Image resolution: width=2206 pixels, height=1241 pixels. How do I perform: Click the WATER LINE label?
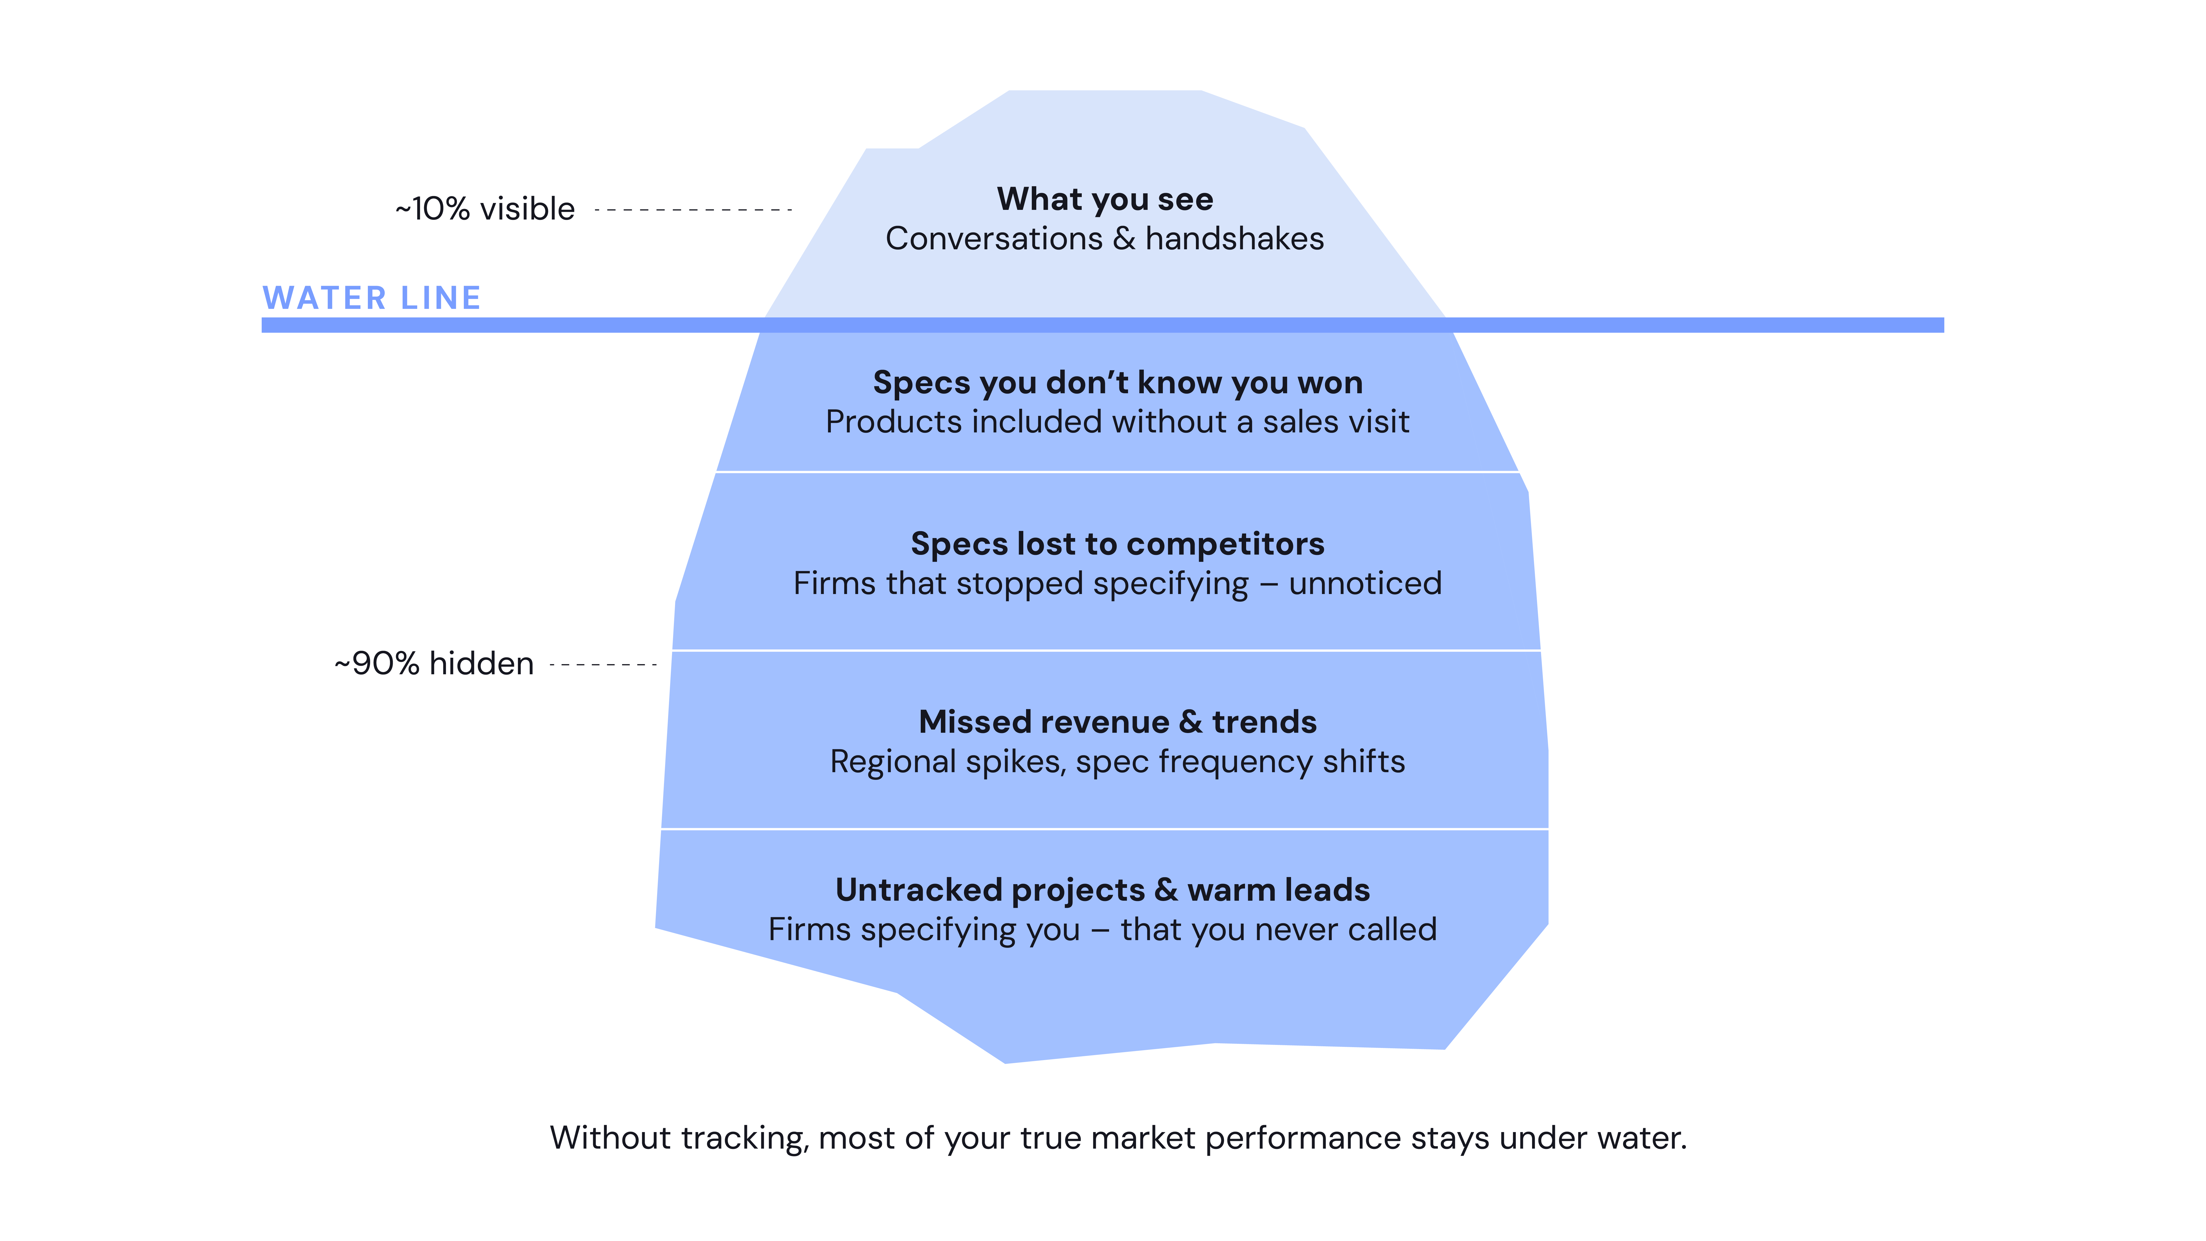[x=372, y=298]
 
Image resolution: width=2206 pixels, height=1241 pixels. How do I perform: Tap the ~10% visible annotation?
[x=485, y=209]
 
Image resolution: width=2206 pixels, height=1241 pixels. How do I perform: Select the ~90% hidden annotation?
[x=434, y=664]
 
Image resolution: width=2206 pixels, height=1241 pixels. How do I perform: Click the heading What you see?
[x=1105, y=200]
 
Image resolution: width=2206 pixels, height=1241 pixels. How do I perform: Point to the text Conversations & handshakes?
[x=1105, y=239]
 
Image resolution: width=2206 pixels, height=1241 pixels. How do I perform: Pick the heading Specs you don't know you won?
[x=1118, y=383]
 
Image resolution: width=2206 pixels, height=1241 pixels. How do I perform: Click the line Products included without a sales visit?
[x=1118, y=422]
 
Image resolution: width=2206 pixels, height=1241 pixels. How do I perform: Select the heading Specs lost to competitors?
[x=1118, y=544]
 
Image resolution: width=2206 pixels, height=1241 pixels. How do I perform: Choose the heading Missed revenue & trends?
[x=1118, y=722]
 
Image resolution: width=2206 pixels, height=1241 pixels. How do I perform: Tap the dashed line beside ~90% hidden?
[x=603, y=665]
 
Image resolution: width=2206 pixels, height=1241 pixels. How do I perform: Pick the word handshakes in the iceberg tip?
[x=1235, y=239]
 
